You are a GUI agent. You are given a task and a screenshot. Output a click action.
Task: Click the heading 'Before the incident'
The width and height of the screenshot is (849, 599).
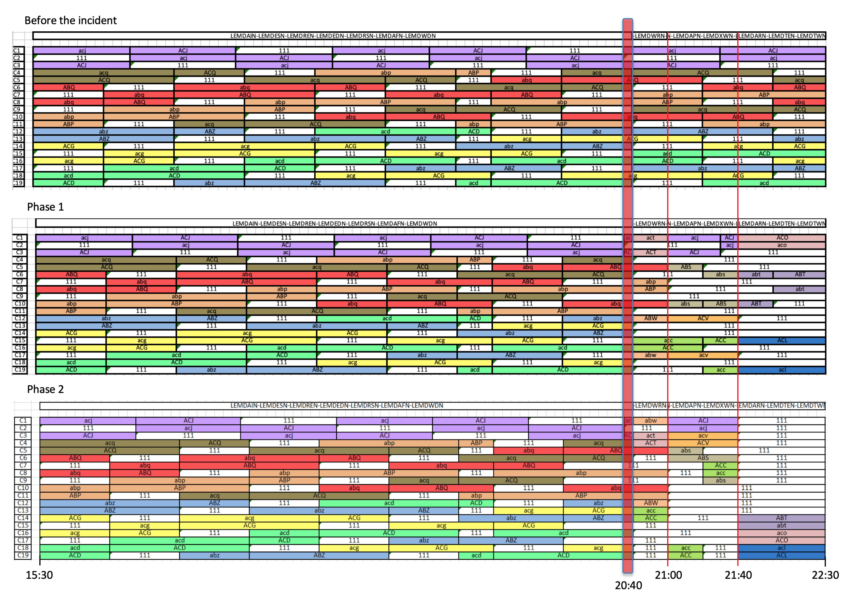click(70, 20)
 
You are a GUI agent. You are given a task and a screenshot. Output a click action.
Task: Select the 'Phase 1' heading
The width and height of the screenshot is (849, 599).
click(45, 207)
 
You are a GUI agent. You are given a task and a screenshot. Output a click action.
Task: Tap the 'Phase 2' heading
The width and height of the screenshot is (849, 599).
click(45, 389)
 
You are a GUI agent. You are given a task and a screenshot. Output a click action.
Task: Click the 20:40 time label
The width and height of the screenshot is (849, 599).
click(628, 585)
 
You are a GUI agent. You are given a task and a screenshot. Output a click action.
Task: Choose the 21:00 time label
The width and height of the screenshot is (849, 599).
click(668, 575)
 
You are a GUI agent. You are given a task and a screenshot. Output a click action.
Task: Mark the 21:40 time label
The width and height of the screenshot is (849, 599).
click(738, 575)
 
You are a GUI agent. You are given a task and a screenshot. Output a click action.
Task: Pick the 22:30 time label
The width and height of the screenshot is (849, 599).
click(825, 575)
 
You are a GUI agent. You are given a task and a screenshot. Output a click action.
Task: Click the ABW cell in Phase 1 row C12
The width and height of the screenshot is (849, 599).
click(650, 318)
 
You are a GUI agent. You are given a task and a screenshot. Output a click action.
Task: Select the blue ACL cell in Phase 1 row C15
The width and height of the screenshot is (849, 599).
click(782, 340)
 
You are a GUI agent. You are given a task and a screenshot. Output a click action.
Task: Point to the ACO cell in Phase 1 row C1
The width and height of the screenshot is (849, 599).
click(782, 238)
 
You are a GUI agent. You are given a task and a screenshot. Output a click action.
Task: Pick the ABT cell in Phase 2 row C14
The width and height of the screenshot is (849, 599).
click(781, 518)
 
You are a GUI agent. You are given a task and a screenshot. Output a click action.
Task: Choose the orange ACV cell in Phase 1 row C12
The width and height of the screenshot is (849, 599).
click(703, 318)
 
